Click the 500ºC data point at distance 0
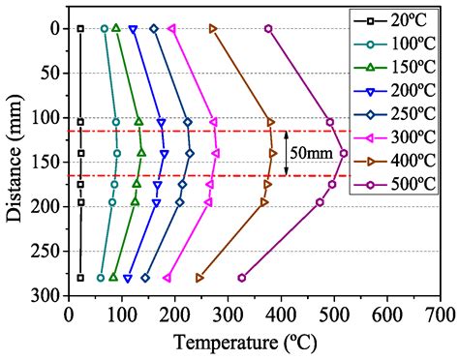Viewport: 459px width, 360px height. (x=268, y=29)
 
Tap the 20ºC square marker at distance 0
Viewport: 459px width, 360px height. (x=80, y=29)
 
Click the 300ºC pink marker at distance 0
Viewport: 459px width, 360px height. (x=172, y=29)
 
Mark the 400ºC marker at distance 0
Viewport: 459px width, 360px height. (x=213, y=29)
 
